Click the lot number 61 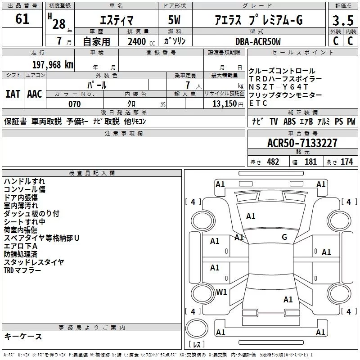(x=22, y=19)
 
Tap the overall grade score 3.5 (x=343, y=20)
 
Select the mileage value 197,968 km (x=53, y=65)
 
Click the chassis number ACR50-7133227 (x=302, y=143)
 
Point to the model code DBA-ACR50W (x=258, y=41)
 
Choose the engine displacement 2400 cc (x=141, y=42)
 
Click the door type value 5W (x=174, y=20)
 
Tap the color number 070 (x=75, y=104)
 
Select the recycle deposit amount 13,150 (x=225, y=104)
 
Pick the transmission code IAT (x=13, y=94)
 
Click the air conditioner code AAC (x=35, y=94)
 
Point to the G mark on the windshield (x=284, y=237)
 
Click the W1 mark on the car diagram (x=221, y=292)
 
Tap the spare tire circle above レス (x=197, y=328)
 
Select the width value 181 (x=310, y=162)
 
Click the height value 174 (x=346, y=162)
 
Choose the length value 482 (x=273, y=162)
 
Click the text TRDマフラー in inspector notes (x=22, y=270)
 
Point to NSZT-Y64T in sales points (x=278, y=87)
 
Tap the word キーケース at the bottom (x=23, y=337)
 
